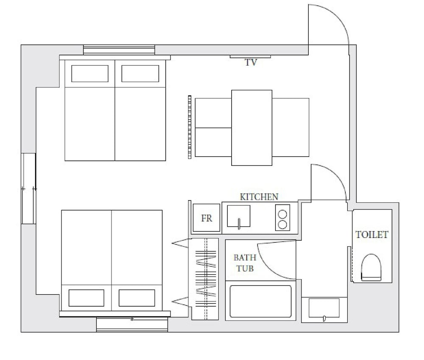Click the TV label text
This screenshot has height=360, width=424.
[251, 62]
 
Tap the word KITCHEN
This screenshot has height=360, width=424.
[259, 197]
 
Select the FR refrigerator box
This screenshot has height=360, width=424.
[206, 218]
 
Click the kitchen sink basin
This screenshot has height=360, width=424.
[238, 216]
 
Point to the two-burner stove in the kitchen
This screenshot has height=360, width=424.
[282, 218]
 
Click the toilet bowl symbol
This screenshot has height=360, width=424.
[371, 268]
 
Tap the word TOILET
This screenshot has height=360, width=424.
[371, 234]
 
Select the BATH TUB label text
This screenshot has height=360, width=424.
[245, 262]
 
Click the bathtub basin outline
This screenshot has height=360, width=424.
[261, 301]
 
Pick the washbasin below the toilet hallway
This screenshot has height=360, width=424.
[324, 308]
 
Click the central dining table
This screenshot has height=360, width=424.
[252, 128]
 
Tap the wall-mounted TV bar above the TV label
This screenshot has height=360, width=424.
[250, 56]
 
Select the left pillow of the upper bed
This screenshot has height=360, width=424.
[90, 73]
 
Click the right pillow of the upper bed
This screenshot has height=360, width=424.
[140, 73]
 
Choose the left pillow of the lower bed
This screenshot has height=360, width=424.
[86, 298]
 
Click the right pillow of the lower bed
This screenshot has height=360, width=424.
[137, 298]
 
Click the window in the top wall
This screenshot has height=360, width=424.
[119, 50]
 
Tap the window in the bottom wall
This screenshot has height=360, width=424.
[132, 324]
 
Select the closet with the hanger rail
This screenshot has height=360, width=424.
[205, 279]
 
